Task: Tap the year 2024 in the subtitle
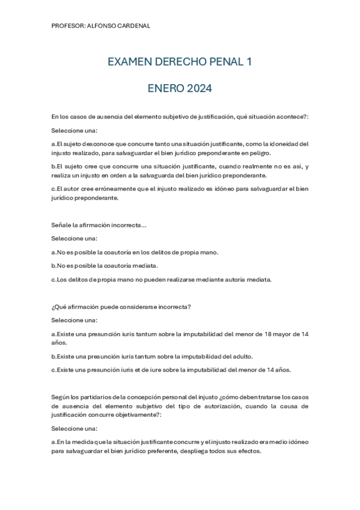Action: pos(199,88)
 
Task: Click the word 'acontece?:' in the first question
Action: pos(292,117)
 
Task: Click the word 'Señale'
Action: pos(61,225)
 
